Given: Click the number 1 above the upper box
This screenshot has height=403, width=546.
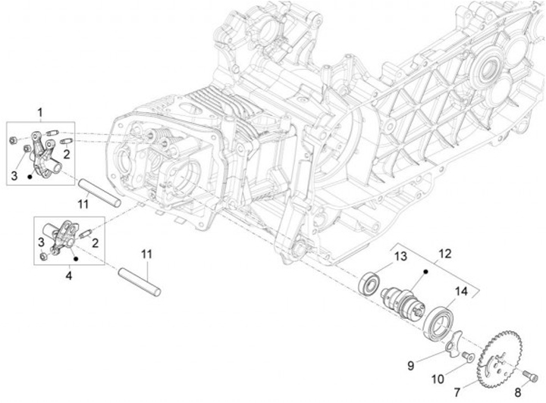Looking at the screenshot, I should tap(40, 113).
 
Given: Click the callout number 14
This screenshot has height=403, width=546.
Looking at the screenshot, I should tap(462, 291).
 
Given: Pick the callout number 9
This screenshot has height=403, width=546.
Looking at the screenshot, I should tap(410, 364).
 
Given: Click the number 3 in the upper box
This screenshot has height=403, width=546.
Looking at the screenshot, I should tap(14, 176).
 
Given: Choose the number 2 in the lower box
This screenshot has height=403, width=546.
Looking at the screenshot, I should tap(96, 242).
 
